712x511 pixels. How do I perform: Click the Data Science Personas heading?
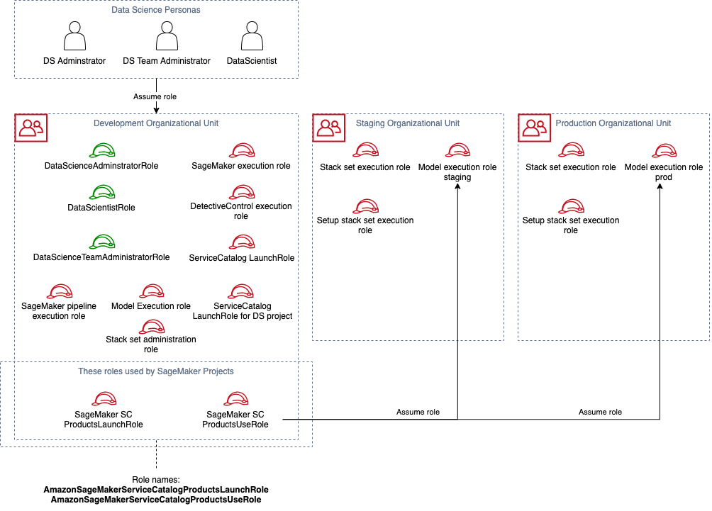coord(156,10)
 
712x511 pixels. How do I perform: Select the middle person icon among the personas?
coord(167,36)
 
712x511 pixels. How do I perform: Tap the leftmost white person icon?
coord(74,36)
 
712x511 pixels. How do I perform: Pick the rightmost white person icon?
coord(252,36)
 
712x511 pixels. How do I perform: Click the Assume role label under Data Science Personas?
coord(155,96)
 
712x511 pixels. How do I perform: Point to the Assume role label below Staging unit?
coord(418,412)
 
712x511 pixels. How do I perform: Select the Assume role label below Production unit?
coord(600,412)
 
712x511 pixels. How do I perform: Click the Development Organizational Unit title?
coord(156,123)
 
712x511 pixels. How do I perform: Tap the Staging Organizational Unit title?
coord(408,123)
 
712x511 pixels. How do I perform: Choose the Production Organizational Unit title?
coord(613,123)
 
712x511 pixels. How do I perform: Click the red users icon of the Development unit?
coord(31,128)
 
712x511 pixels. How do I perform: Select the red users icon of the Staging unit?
coord(329,128)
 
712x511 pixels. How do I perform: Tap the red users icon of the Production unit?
coord(535,128)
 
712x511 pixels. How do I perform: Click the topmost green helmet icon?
coord(102,150)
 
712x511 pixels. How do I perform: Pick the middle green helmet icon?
coord(102,192)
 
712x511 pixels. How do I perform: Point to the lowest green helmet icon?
coord(102,242)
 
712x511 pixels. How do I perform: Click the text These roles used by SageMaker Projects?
coord(156,371)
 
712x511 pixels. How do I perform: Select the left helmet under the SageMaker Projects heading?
coord(104,399)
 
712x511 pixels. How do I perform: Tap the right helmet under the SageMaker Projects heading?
coord(236,399)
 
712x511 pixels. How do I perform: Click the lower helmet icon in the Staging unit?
coord(366,207)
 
